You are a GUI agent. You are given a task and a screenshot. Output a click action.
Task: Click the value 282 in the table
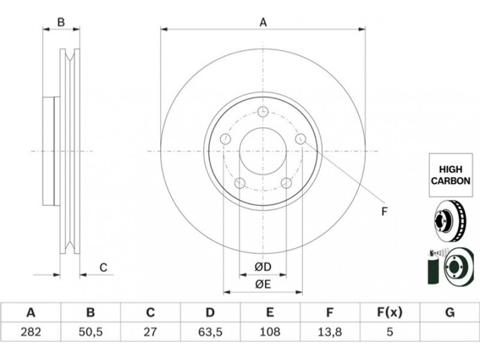tap(31, 332)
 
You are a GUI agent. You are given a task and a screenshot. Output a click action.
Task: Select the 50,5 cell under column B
tap(91, 332)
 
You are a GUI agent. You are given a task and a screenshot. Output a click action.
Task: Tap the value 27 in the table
tap(150, 332)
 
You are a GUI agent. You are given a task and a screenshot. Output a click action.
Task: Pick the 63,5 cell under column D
tap(209, 332)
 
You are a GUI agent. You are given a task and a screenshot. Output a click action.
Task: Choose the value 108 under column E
tap(269, 332)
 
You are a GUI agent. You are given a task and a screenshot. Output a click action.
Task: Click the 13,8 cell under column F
tap(329, 332)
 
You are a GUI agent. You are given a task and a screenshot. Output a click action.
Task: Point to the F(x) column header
tap(389, 313)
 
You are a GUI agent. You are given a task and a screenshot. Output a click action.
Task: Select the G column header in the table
tap(449, 313)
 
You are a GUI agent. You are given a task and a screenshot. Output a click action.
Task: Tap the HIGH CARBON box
tap(451, 175)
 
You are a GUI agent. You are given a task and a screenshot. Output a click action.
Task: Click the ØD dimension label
tap(263, 267)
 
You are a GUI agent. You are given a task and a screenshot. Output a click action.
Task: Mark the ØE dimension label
tap(263, 284)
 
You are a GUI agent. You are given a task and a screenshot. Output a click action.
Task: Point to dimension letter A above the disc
tap(263, 22)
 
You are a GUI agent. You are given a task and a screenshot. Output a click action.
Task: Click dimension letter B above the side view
tap(61, 22)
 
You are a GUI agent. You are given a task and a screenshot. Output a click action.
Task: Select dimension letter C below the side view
tap(103, 268)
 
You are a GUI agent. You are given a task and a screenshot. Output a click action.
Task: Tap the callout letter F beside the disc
tap(385, 212)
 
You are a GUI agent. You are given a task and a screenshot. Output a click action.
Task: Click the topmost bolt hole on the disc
tap(263, 112)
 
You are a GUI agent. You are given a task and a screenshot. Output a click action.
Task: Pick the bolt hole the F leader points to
tap(301, 139)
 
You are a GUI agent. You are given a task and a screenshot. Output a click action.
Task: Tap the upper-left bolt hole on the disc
tap(226, 139)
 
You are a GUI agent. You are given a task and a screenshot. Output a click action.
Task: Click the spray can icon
tap(432, 267)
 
